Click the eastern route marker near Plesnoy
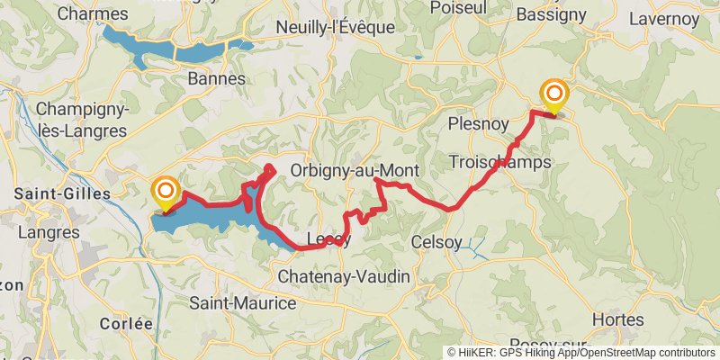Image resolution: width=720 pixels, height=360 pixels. pos(554,93)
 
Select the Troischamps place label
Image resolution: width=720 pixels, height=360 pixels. pos(499,161)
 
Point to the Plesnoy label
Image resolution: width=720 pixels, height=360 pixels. pos(478,123)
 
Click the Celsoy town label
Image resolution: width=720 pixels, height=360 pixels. pos(436,242)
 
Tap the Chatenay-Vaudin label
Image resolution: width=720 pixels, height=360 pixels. pos(344,275)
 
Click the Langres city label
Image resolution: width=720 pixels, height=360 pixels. pos(47,233)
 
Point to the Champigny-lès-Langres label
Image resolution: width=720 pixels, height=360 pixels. pos(82,120)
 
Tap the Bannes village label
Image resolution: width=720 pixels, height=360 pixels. pos(217,79)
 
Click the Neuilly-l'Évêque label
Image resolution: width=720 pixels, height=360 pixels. pos(337,27)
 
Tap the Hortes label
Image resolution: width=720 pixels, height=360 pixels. pos(618,319)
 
